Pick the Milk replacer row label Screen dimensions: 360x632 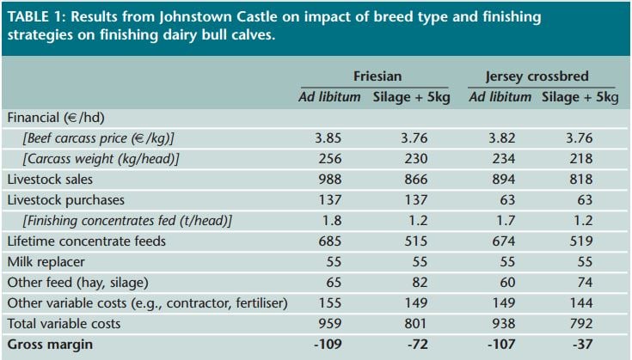[44, 262]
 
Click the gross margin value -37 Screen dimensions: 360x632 [580, 344]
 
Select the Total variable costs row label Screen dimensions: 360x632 [64, 324]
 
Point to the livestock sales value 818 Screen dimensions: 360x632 [580, 180]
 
